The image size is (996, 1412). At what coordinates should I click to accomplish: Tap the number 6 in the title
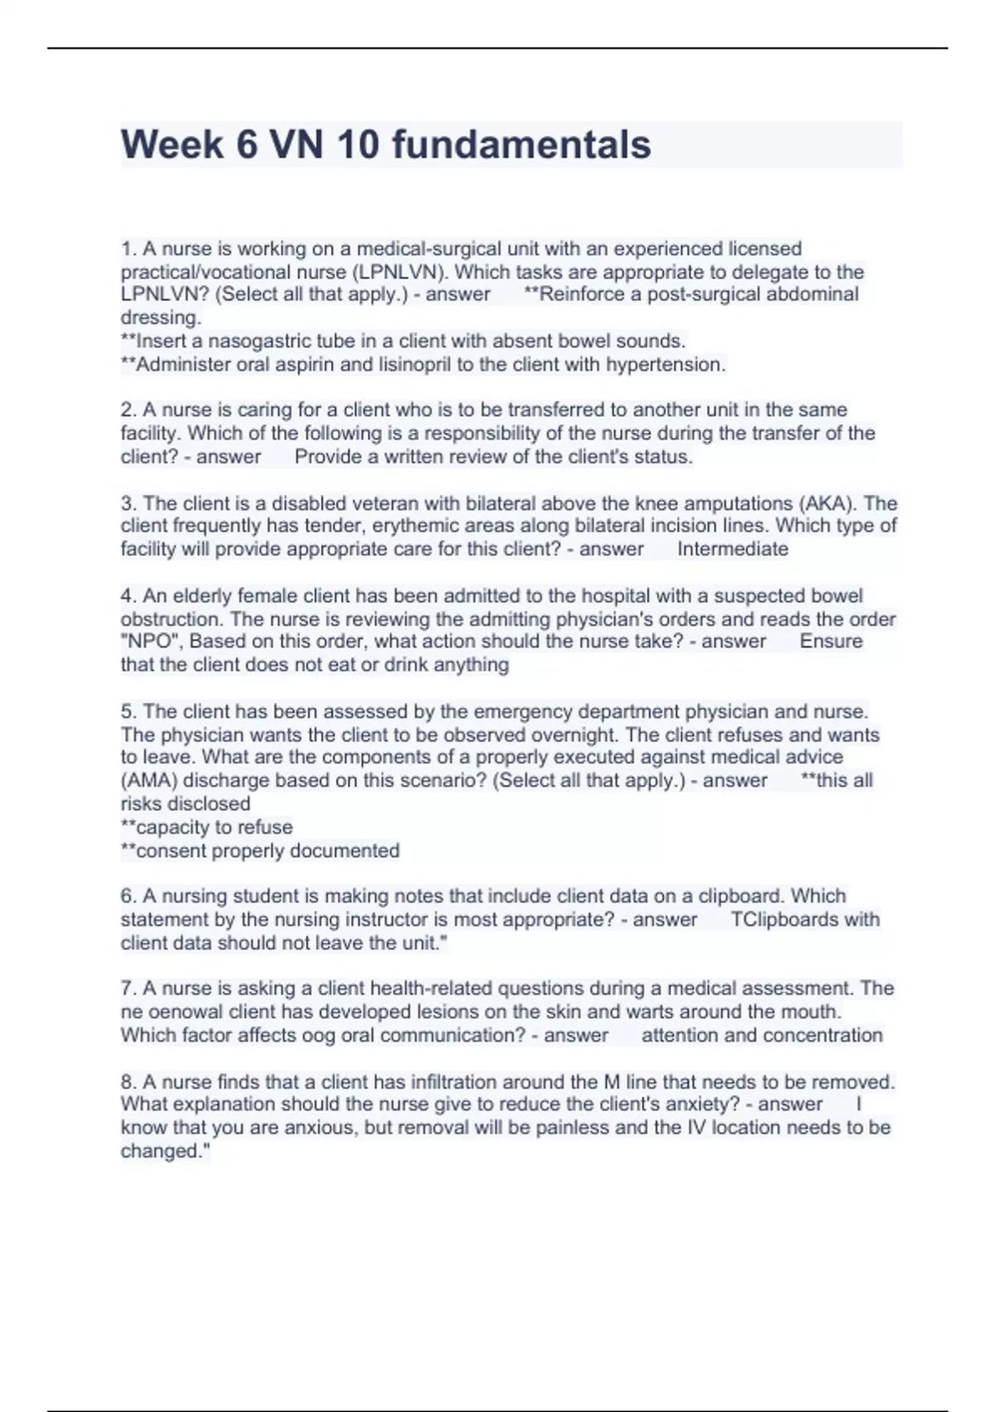247,145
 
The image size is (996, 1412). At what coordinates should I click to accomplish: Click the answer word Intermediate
732,549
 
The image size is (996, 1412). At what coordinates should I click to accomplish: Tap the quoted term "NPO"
149,641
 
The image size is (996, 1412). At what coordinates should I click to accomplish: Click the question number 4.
129,596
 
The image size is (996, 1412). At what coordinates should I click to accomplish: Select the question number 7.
129,988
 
